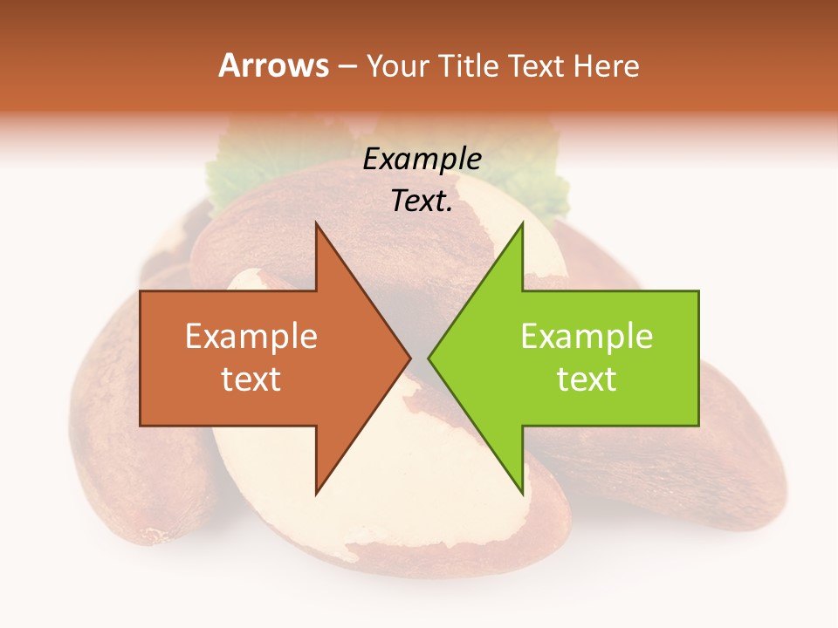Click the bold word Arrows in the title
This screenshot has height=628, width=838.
click(x=273, y=65)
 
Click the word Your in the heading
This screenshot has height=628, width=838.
click(x=398, y=65)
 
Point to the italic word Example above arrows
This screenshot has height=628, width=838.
click(x=422, y=159)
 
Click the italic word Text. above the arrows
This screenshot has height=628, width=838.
click(x=422, y=201)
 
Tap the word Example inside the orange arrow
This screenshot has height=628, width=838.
click(x=251, y=336)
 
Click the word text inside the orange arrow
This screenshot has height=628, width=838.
click(x=251, y=379)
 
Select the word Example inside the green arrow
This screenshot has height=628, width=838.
click(x=587, y=336)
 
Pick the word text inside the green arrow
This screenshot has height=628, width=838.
click(x=587, y=379)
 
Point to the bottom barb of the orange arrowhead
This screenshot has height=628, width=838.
click(x=317, y=490)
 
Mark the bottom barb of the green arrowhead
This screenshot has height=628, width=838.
click(x=521, y=490)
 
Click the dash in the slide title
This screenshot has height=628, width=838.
click(x=346, y=66)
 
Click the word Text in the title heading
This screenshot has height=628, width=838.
click(x=538, y=65)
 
